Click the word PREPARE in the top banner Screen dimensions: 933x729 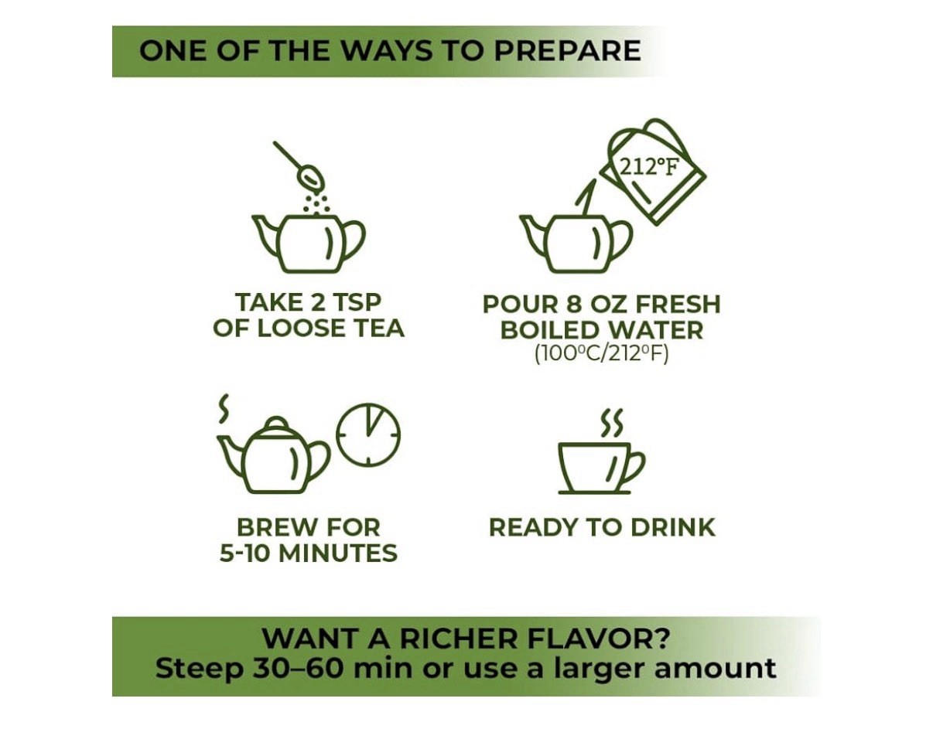[x=567, y=51]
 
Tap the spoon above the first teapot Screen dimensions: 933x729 [x=299, y=166]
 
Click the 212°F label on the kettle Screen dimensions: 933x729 [x=648, y=167]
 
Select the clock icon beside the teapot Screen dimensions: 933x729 [x=368, y=434]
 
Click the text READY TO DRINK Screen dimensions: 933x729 [x=602, y=527]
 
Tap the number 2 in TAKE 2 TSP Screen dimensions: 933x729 [x=317, y=302]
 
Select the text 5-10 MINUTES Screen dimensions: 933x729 [x=308, y=553]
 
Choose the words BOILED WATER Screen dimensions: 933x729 [x=602, y=330]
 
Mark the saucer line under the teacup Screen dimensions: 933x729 [x=595, y=492]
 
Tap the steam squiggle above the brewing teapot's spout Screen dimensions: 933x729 [x=224, y=409]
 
